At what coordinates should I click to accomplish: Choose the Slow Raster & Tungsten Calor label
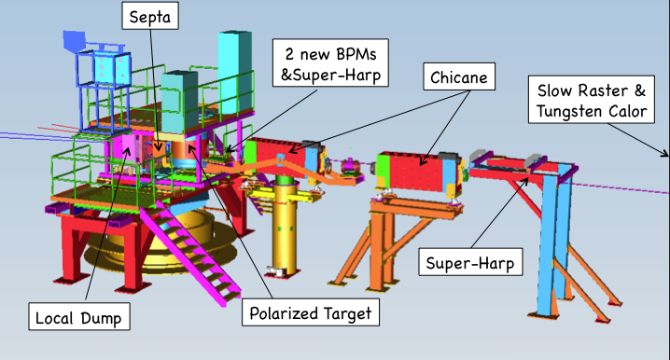[591, 103]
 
